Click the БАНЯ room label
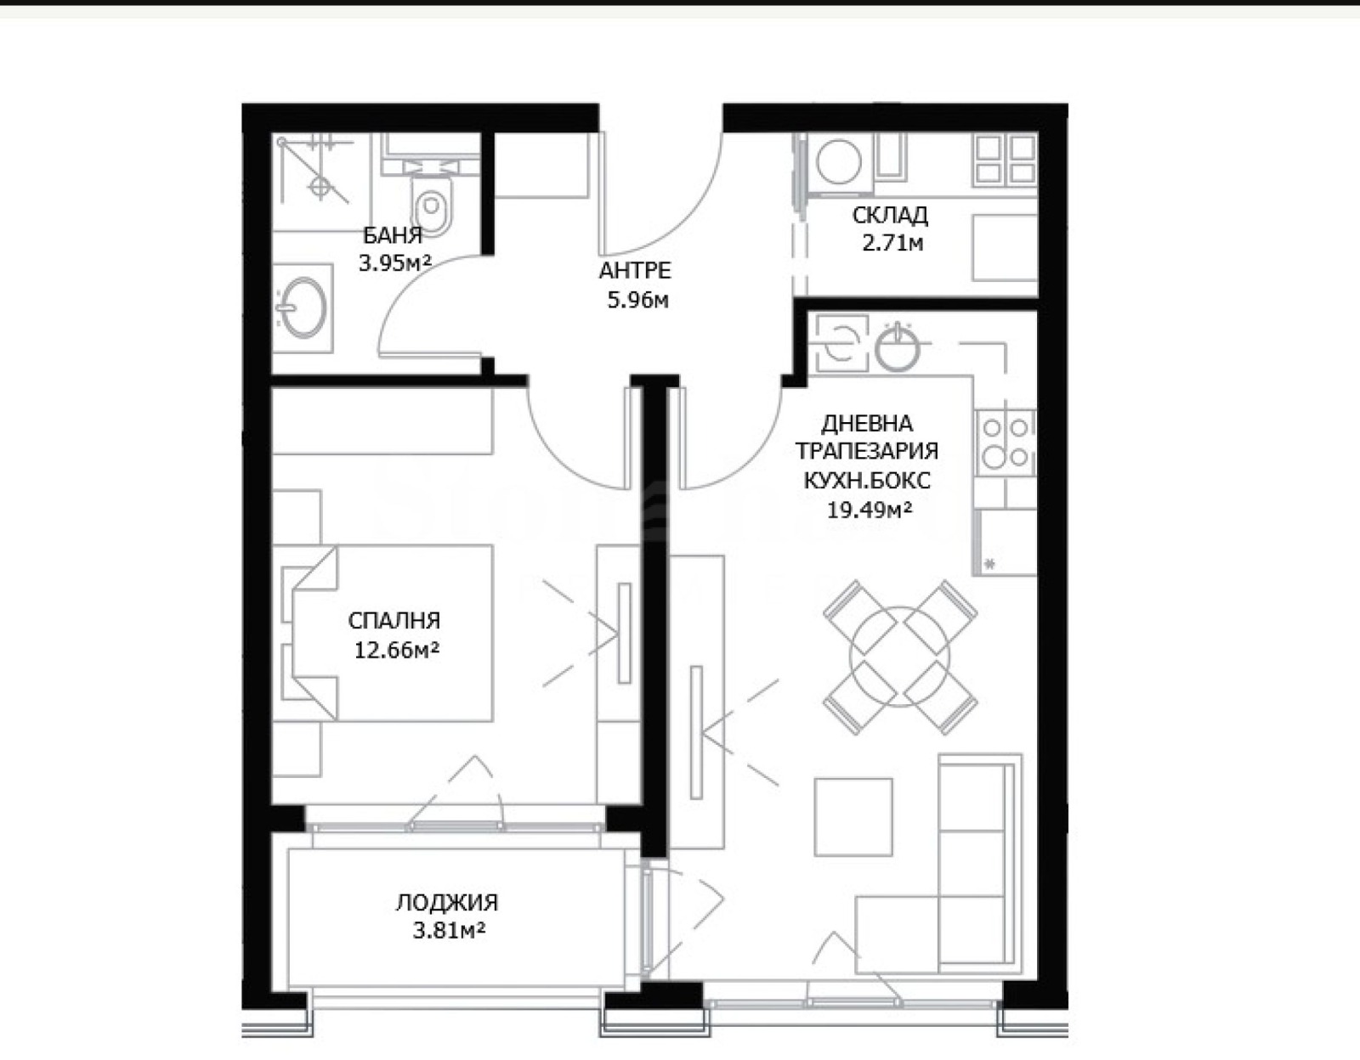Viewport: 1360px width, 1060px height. [393, 235]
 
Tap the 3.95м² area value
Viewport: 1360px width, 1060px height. [395, 262]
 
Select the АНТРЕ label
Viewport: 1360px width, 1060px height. [635, 271]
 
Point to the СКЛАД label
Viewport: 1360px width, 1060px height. [889, 215]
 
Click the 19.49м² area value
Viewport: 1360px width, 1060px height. [870, 510]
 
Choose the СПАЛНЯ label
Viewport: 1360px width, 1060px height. [394, 620]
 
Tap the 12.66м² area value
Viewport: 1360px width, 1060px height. [396, 651]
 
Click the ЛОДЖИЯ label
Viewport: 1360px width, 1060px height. [447, 902]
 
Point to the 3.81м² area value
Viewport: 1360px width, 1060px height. [449, 931]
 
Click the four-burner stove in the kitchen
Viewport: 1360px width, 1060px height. [1006, 443]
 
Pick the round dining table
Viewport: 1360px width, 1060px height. [899, 657]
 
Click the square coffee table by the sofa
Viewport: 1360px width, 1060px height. [853, 817]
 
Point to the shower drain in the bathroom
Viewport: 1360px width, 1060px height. [320, 186]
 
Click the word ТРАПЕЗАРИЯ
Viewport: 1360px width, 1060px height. [867, 451]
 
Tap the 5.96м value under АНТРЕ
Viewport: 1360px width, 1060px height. [637, 301]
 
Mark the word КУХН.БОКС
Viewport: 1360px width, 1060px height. [867, 480]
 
